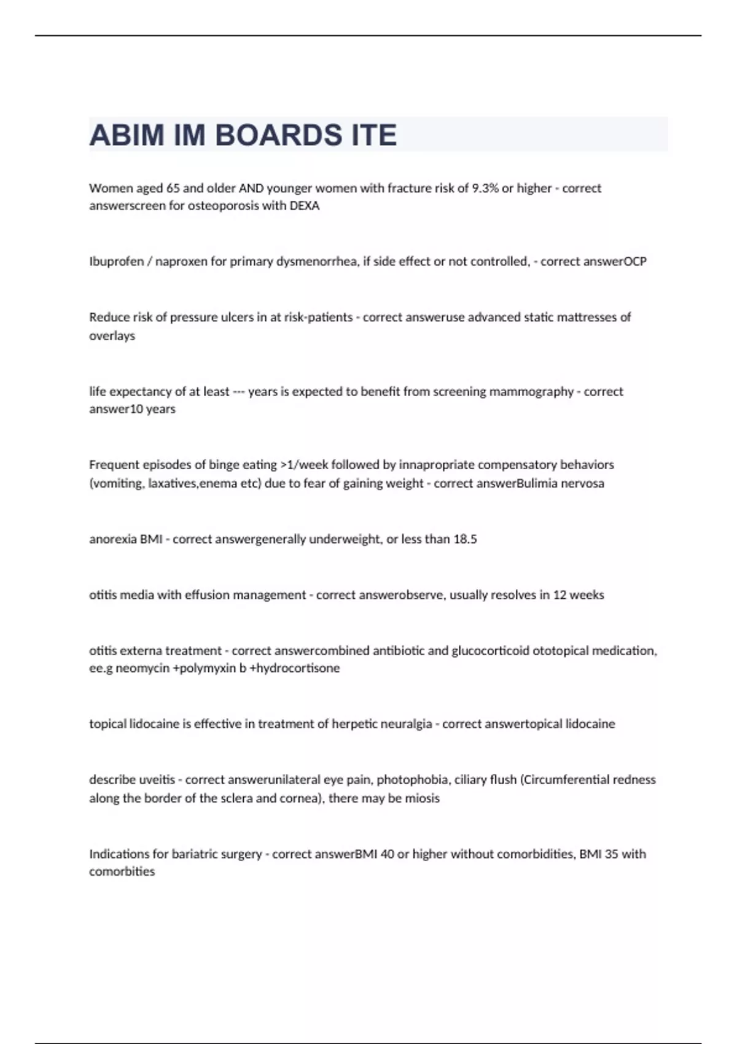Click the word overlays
[112, 336]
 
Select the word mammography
[531, 392]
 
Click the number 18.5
[465, 539]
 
